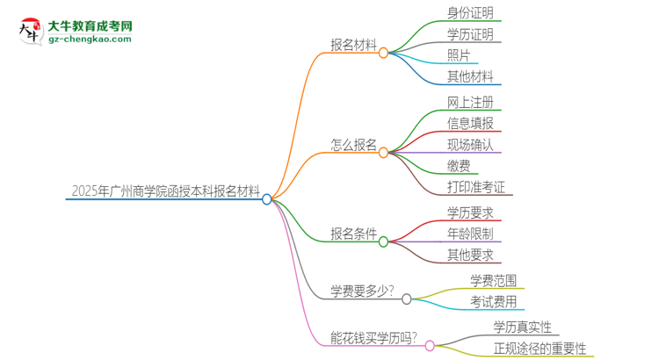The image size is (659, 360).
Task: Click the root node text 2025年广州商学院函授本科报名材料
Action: point(164,190)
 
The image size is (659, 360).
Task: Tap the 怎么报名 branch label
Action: point(353,144)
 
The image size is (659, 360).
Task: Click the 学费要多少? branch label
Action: point(360,291)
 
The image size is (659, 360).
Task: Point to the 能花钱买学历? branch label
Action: point(373,336)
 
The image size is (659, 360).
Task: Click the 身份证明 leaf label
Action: point(469,12)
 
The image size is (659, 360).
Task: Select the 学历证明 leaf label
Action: point(469,34)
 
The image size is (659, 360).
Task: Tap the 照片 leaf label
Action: point(458,55)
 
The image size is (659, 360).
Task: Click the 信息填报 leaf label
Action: point(469,122)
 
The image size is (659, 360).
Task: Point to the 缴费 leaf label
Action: point(458,165)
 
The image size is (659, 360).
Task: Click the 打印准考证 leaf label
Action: point(475,186)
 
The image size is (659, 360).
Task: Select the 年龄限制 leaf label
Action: point(469,234)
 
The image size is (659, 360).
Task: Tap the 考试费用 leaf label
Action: point(493,301)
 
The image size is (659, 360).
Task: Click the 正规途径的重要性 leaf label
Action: point(540,348)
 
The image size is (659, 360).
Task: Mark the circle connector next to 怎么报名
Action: point(383,153)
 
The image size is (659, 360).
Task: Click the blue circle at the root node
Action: point(267,199)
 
